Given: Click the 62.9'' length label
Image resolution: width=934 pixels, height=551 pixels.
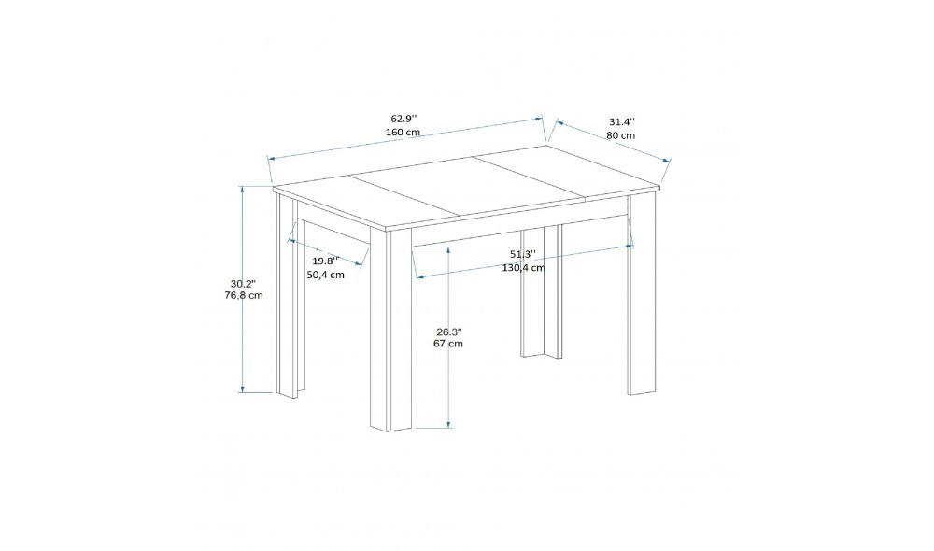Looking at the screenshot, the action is tap(403, 119).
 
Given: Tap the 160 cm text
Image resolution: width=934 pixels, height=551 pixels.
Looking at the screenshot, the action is tap(403, 132).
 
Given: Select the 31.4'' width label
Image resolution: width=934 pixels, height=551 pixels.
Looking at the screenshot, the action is tap(622, 122).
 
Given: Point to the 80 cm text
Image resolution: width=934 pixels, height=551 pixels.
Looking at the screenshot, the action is tap(621, 135).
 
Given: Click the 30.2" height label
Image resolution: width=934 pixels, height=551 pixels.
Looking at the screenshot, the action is tap(243, 283).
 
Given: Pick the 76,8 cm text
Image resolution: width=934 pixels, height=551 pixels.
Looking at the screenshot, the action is tap(244, 295).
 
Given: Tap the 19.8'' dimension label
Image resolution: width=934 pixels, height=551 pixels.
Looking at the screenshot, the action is tap(325, 261).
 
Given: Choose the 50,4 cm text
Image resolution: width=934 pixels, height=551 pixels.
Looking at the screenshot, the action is tap(325, 275).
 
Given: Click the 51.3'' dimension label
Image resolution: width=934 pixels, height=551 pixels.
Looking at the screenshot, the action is tap(522, 254).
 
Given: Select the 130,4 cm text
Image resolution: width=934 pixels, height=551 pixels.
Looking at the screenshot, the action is tap(523, 268).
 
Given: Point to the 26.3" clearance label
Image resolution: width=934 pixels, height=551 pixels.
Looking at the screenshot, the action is tap(448, 332).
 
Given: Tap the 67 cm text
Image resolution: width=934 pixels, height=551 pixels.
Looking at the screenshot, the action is tap(448, 344).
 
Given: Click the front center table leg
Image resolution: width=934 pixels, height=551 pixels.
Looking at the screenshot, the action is tap(390, 328).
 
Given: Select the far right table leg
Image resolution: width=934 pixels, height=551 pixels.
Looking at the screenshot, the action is tap(642, 293).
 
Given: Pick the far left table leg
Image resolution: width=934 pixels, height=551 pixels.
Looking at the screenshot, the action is tap(290, 296).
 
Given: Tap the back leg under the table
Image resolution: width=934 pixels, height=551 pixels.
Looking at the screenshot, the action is tap(541, 292).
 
